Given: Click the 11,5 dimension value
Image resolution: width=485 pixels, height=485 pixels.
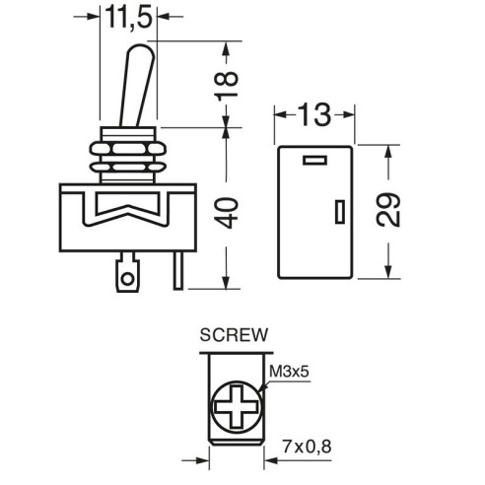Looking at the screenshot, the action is coord(129,18).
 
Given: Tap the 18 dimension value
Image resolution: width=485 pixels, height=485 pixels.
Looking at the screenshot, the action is coord(226,86).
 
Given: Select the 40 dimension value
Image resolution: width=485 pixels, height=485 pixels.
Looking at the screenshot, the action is coord(228,213).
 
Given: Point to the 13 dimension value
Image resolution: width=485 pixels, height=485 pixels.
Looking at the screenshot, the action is coord(314,114).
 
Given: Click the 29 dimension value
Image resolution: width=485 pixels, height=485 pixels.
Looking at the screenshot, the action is coord(388,210).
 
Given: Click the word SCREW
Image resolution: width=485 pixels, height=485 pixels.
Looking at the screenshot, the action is coord(234,335).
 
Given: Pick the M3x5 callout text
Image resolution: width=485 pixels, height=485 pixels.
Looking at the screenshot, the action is coord(289,372).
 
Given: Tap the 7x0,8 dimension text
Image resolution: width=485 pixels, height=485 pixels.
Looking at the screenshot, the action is coord(307,447).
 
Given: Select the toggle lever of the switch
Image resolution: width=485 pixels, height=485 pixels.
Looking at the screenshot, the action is coord(137,86).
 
